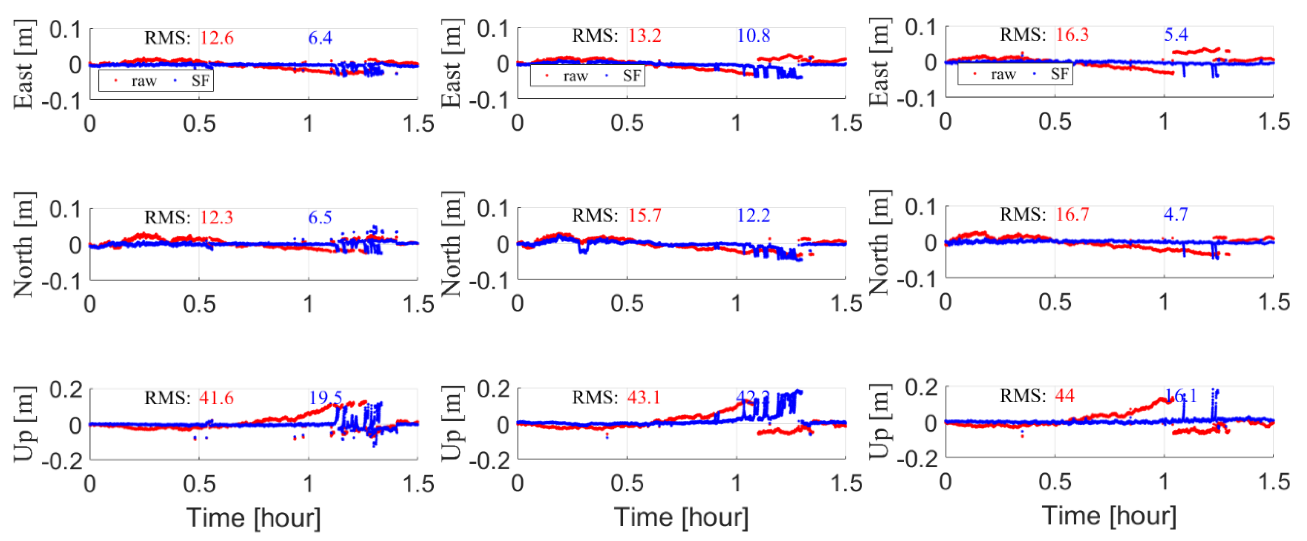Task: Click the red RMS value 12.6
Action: pyautogui.click(x=217, y=38)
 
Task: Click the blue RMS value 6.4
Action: pyautogui.click(x=320, y=38)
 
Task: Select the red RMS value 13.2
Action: pyautogui.click(x=644, y=36)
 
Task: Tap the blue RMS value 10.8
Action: pyautogui.click(x=753, y=36)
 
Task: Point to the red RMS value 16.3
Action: pyautogui.click(x=1072, y=35)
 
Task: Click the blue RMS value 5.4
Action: pyautogui.click(x=1175, y=35)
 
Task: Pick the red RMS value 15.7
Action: pyautogui.click(x=644, y=216)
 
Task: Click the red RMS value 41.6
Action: pyautogui.click(x=217, y=398)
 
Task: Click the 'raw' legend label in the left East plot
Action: pyautogui.click(x=144, y=82)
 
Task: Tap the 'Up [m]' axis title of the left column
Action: pyautogui.click(x=24, y=424)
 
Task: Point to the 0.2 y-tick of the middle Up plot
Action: pyautogui.click(x=493, y=389)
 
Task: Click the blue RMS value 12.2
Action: pyautogui.click(x=753, y=216)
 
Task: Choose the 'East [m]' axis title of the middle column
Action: pyautogui.click(x=452, y=63)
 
